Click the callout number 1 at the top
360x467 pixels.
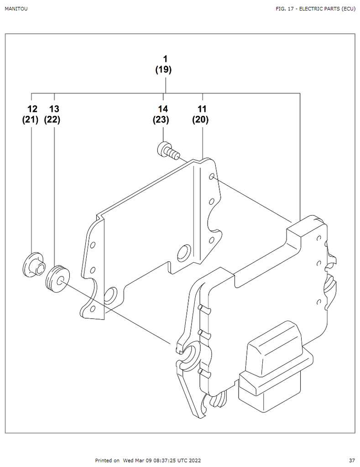[165, 59]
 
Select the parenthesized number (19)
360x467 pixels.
[163, 70]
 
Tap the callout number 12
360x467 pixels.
[31, 109]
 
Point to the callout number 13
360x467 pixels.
[54, 109]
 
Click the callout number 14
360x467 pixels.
[163, 109]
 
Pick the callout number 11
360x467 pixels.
[202, 109]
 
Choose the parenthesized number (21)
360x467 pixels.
[30, 120]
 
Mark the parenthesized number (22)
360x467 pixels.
[52, 120]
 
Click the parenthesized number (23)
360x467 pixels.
[161, 120]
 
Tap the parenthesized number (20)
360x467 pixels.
[200, 120]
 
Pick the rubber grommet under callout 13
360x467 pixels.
[58, 278]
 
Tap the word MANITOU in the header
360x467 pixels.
[16, 9]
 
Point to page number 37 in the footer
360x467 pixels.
[352, 461]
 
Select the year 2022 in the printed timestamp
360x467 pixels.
[194, 461]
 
